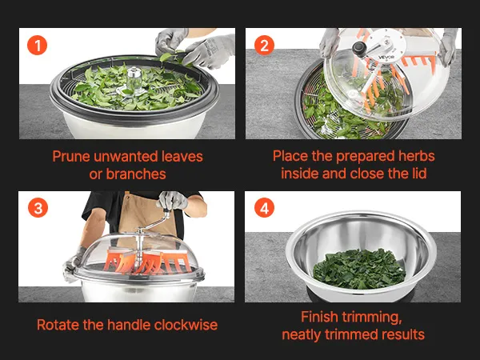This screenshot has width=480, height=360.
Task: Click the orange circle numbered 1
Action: pyautogui.click(x=37, y=46)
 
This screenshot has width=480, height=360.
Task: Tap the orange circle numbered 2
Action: pyautogui.click(x=264, y=46)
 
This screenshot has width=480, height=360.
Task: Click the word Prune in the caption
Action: pyautogui.click(x=71, y=157)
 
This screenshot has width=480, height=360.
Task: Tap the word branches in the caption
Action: pyautogui.click(x=136, y=174)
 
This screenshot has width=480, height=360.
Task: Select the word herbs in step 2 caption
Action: pyautogui.click(x=416, y=156)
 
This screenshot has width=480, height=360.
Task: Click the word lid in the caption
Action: pyautogui.click(x=418, y=174)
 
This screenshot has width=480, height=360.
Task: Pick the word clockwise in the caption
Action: pyautogui.click(x=186, y=325)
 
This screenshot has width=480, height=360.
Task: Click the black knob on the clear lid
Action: pyautogui.click(x=359, y=49)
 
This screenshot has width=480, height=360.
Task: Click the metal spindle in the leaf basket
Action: pyautogui.click(x=134, y=78)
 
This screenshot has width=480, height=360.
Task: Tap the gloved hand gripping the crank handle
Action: pyautogui.click(x=173, y=200)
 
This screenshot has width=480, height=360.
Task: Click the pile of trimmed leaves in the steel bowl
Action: pyautogui.click(x=359, y=269)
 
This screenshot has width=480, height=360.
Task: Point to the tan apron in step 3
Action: pyautogui.click(x=146, y=216)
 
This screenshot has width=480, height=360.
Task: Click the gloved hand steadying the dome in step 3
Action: pyautogui.click(x=72, y=264)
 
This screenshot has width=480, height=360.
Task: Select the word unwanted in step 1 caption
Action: pyautogui.click(x=126, y=157)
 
